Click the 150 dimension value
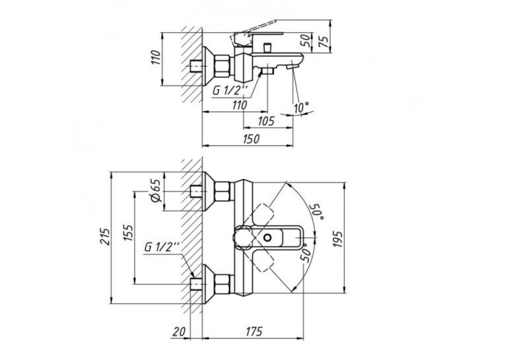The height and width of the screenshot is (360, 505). [252, 139]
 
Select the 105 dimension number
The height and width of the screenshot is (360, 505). [266, 121]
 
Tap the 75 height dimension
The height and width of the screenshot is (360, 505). [325, 40]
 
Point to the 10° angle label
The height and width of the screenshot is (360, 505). [301, 107]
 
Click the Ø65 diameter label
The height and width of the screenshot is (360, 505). [156, 191]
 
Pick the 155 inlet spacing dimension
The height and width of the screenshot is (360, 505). [128, 233]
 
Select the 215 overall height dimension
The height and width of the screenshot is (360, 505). [105, 236]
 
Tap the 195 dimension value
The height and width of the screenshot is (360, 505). [338, 239]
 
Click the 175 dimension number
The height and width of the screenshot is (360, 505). [253, 332]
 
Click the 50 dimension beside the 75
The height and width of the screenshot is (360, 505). [307, 40]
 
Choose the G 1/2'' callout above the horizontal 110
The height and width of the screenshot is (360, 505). [229, 91]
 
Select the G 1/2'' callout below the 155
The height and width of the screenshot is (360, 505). [162, 247]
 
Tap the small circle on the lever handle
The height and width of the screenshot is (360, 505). [267, 238]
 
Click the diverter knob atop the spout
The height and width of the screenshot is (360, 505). [267, 48]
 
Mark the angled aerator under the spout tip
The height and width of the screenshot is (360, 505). [292, 67]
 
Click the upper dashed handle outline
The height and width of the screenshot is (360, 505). [263, 213]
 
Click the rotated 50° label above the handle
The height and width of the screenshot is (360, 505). [316, 211]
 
